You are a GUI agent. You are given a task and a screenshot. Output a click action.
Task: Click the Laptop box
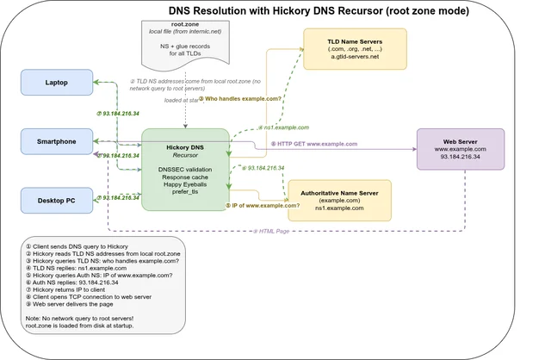(x=56, y=83)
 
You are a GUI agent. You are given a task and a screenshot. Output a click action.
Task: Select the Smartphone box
(x=56, y=142)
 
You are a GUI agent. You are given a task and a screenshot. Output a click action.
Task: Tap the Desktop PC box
(x=56, y=200)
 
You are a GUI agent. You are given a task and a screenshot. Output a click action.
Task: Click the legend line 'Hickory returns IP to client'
(x=77, y=289)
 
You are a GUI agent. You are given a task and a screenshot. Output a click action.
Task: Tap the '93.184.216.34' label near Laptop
(x=121, y=113)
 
